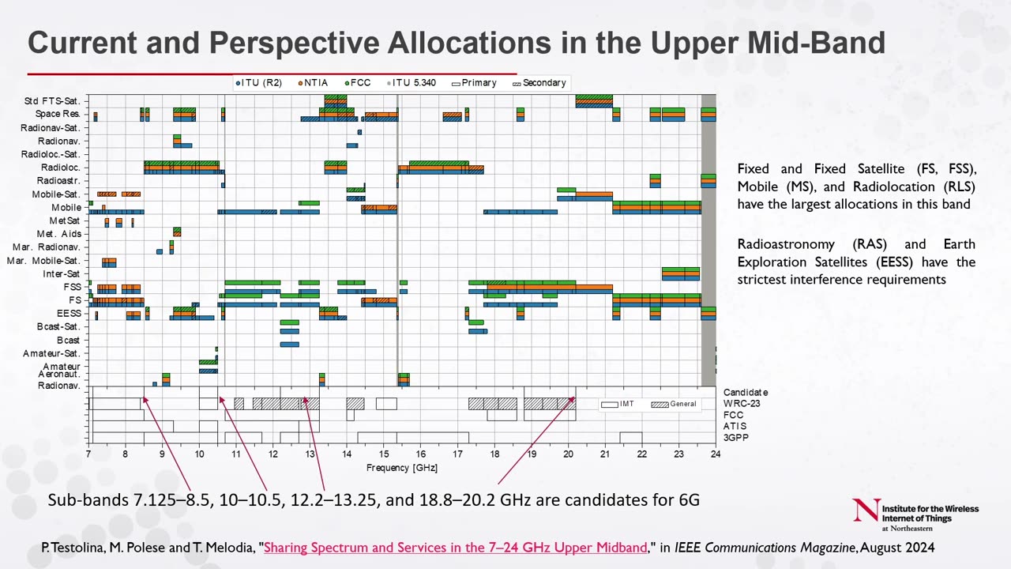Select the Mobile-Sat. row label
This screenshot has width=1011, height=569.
(x=56, y=194)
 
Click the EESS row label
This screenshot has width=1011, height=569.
(x=69, y=314)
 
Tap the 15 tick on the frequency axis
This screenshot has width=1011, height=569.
(x=383, y=454)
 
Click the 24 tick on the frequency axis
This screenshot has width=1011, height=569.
(x=715, y=454)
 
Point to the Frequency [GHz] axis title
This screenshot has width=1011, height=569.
(x=401, y=468)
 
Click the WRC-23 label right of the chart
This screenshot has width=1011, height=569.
(x=739, y=404)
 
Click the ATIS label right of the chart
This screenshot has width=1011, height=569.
(x=735, y=427)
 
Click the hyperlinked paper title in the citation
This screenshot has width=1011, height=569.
(x=455, y=548)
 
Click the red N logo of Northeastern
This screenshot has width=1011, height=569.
(x=866, y=510)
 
